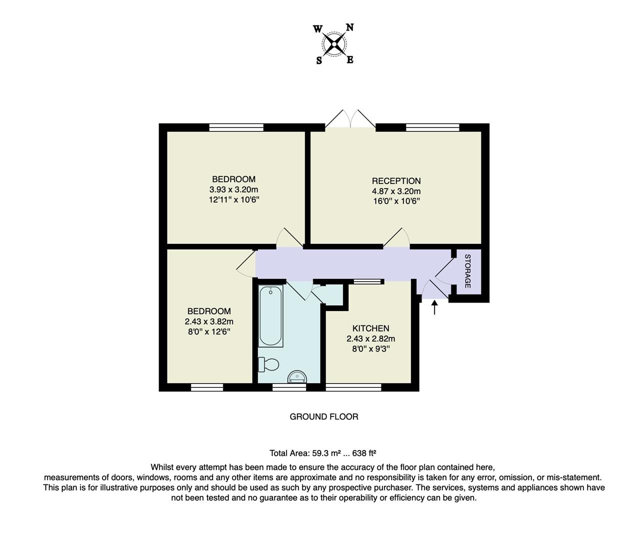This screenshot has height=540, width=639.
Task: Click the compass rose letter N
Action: (x=350, y=28)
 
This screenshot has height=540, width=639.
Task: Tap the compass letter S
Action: (x=318, y=60)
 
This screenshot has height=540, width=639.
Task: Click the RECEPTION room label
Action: (x=396, y=181)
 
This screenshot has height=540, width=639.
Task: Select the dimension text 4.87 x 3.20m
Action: (x=396, y=191)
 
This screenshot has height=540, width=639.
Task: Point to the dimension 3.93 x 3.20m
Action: (x=233, y=189)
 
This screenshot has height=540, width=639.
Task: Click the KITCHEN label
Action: (x=370, y=328)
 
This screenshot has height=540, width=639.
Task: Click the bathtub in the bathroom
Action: (x=270, y=316)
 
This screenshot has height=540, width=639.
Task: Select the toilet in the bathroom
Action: (x=268, y=364)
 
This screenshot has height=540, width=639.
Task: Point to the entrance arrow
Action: (x=434, y=307)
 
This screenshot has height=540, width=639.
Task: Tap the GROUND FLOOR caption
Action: (x=324, y=416)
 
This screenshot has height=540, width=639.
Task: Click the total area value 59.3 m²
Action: (x=326, y=453)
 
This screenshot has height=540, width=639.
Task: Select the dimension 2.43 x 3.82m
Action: (x=209, y=321)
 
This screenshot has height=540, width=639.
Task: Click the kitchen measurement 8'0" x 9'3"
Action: (x=370, y=348)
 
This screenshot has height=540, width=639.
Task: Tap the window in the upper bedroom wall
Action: (x=236, y=127)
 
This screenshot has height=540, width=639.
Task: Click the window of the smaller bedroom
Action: (x=207, y=387)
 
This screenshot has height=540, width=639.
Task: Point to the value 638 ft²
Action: (x=364, y=453)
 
